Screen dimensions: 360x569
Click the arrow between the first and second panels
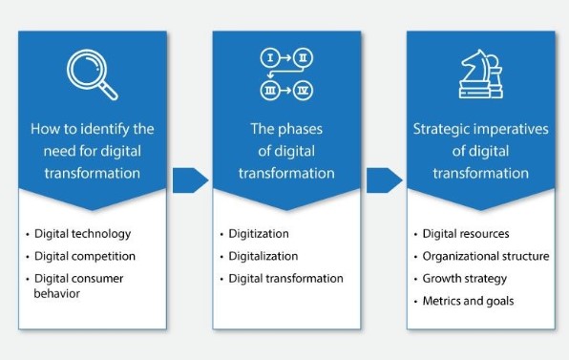(x=190, y=179)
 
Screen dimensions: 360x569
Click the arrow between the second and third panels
(x=384, y=179)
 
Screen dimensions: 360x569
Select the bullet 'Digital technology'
(x=82, y=233)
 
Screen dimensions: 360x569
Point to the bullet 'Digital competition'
(x=84, y=256)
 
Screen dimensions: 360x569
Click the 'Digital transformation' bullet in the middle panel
(x=285, y=279)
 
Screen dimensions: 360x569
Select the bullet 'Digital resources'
(x=466, y=233)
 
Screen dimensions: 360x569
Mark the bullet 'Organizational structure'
(x=486, y=256)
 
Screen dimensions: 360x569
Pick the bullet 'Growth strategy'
(x=465, y=279)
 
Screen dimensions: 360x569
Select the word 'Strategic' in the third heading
(x=443, y=128)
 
